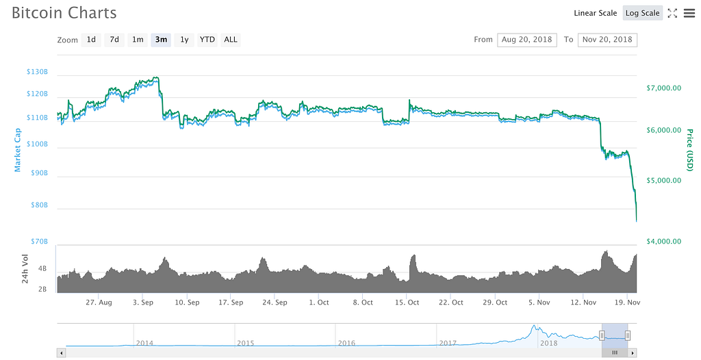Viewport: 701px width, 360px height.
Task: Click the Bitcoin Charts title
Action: coord(64,13)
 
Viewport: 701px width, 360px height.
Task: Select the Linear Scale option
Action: coord(595,13)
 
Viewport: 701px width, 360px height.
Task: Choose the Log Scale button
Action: coord(642,13)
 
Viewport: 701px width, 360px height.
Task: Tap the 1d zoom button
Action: coord(91,40)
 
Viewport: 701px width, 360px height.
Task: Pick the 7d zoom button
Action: coord(114,40)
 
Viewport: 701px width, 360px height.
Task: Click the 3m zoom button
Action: coord(161,40)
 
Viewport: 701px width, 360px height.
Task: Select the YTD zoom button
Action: coord(207,40)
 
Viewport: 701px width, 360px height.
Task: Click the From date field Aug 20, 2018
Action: coord(527,40)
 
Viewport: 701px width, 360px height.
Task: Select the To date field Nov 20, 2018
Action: coord(607,40)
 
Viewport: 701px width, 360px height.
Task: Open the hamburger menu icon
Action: coord(689,13)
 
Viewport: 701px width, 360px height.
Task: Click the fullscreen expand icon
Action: coord(672,13)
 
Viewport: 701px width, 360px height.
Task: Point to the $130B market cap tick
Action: coord(37,72)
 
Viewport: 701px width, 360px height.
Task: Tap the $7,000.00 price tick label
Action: coord(663,88)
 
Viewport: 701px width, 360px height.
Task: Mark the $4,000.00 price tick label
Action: coord(663,241)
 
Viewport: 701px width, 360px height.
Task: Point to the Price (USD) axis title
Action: coord(689,150)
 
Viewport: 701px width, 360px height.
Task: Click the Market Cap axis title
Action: coord(18,150)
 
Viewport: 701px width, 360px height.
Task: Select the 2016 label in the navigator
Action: coord(346,343)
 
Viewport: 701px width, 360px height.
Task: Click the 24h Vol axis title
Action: coord(25,268)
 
